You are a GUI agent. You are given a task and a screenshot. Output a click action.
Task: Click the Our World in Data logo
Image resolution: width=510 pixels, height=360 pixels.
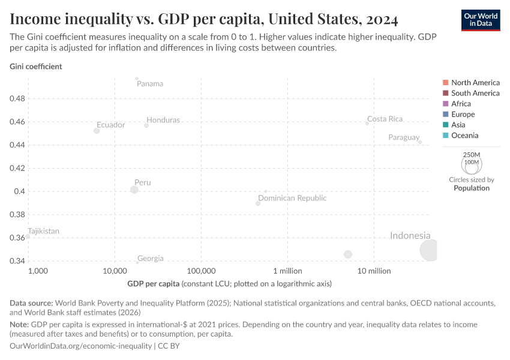click(480, 20)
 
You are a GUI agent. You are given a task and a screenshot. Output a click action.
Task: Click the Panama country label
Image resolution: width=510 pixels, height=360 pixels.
click(150, 83)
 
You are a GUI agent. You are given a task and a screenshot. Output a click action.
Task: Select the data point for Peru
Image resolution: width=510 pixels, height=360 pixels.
click(134, 190)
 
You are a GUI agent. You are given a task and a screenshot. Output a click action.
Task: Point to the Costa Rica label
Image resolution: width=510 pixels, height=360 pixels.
click(385, 119)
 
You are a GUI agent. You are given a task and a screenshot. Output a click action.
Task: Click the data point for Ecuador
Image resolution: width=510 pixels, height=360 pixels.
click(97, 131)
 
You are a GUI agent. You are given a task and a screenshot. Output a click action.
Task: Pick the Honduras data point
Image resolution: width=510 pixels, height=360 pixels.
click(146, 125)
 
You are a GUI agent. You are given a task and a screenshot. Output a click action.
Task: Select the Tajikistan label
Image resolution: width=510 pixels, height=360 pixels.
click(43, 231)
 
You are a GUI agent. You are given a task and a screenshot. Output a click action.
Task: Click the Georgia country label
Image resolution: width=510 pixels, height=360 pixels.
click(150, 259)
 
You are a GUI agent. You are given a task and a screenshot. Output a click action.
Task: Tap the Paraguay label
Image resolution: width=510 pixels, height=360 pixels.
click(404, 137)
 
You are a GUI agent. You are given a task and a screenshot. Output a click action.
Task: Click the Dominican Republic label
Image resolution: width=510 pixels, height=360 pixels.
click(292, 198)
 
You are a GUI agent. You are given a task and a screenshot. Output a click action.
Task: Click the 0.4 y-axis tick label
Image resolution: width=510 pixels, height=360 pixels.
click(20, 191)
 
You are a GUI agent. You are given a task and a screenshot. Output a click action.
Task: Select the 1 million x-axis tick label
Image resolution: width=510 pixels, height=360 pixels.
click(287, 271)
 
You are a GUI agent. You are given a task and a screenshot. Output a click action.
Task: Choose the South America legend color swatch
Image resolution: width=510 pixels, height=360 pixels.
click(445, 93)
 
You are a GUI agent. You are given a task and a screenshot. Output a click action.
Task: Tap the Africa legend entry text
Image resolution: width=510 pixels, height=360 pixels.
click(461, 104)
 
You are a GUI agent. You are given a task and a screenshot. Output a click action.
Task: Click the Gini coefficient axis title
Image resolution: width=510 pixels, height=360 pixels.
click(36, 67)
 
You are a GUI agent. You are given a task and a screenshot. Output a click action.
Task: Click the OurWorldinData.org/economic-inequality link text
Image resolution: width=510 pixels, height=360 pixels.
click(81, 346)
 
